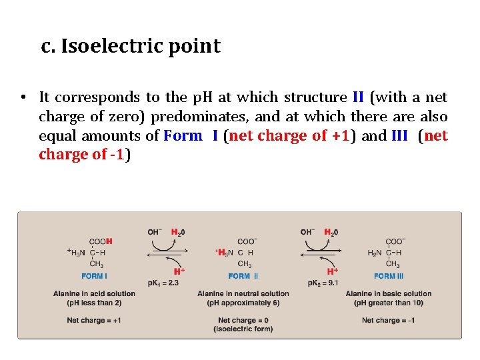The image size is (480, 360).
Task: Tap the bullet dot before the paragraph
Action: (x=23, y=97)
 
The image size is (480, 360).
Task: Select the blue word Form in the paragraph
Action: (x=182, y=136)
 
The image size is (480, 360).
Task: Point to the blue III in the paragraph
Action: (x=400, y=136)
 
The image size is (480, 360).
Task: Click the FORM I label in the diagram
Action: (x=95, y=276)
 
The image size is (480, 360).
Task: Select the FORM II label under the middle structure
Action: (x=243, y=276)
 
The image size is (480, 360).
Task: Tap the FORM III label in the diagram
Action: (x=389, y=276)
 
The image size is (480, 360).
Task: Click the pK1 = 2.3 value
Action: (x=159, y=283)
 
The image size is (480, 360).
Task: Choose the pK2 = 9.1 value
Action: (x=323, y=283)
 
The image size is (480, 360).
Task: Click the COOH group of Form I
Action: (x=101, y=241)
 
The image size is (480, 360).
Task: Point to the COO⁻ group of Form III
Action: (x=395, y=241)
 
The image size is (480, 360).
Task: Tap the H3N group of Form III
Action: (x=376, y=253)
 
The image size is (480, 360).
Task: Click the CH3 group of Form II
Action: (x=244, y=264)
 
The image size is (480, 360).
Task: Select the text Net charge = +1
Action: (x=94, y=321)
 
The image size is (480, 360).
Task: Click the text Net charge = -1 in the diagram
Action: (x=388, y=321)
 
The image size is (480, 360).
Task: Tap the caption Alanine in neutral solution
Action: (x=243, y=293)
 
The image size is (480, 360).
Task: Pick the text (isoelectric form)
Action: (x=243, y=329)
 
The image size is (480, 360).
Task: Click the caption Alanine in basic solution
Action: (x=389, y=293)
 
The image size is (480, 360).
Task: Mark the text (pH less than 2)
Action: (x=94, y=303)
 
